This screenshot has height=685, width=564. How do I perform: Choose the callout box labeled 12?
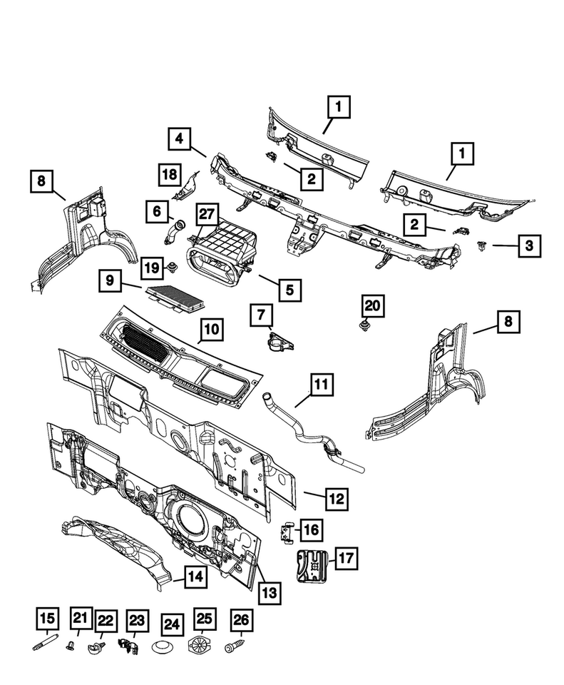[338, 498]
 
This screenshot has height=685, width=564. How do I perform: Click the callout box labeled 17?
[345, 558]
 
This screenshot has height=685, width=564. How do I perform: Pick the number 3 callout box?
[528, 246]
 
